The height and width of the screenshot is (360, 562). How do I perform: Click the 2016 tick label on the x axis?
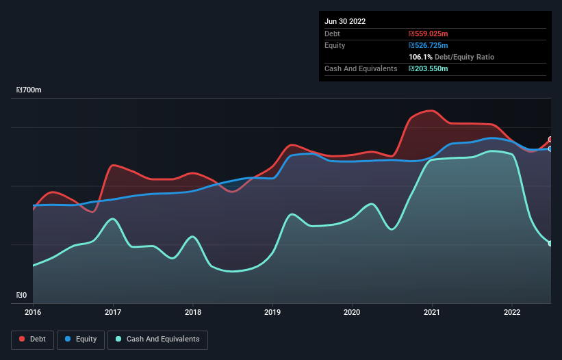point(33,313)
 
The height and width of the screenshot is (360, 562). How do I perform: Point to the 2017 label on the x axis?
point(113,313)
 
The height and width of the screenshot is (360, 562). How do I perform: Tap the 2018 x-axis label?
point(193,313)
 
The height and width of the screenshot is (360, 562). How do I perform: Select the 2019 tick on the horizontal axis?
point(272,313)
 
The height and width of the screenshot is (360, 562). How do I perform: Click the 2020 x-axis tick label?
point(353,313)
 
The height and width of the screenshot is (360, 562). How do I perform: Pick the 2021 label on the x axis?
point(433,313)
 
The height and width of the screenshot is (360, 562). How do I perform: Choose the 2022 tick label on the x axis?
point(512,313)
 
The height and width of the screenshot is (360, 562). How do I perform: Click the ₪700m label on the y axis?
point(29,90)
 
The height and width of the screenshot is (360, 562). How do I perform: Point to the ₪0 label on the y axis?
point(21,296)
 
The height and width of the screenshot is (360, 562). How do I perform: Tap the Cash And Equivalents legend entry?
point(157,339)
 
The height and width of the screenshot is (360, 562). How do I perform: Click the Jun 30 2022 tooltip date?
point(345,21)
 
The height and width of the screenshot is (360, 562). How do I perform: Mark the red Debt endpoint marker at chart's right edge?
point(550,140)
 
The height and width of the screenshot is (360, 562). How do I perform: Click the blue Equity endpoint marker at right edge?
point(550,149)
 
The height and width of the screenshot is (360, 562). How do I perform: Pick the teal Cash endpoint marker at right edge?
point(550,244)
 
